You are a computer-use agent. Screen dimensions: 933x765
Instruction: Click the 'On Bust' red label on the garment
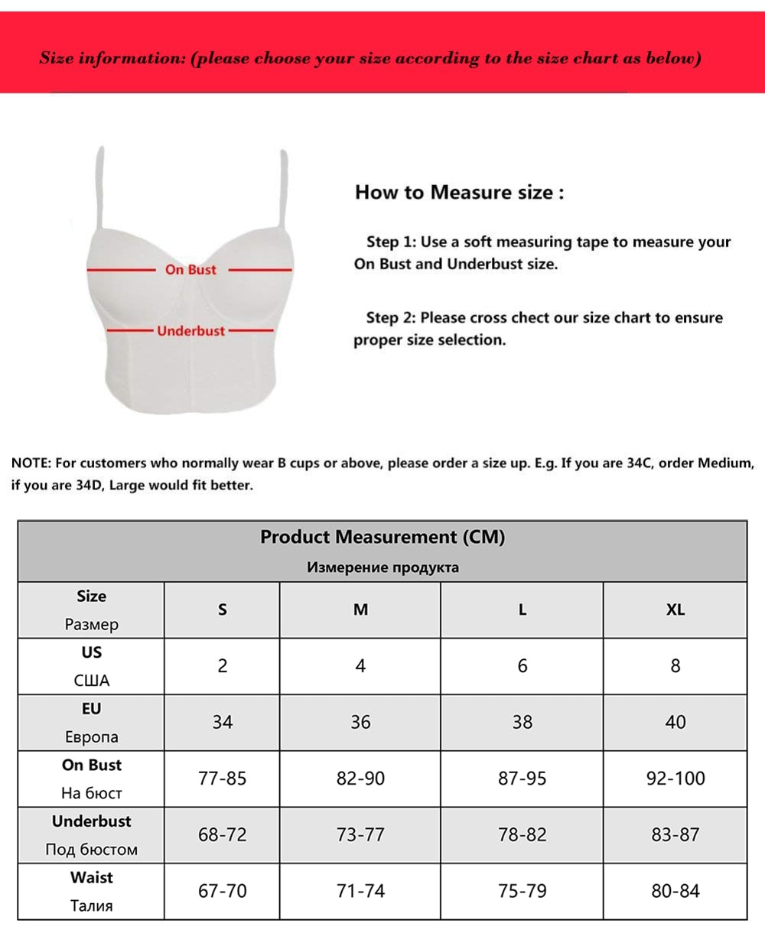[190, 269]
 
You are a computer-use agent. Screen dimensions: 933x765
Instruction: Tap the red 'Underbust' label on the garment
[191, 330]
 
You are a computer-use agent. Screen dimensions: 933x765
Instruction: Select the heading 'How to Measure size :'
[459, 192]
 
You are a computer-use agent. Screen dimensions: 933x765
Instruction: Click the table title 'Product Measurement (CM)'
[382, 537]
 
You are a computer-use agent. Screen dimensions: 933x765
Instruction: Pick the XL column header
[675, 610]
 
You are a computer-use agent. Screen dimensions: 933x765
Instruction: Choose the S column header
[223, 610]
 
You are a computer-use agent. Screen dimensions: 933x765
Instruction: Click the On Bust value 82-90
[360, 779]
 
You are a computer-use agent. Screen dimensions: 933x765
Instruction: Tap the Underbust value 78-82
[522, 834]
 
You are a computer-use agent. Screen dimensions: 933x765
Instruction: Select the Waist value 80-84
[675, 891]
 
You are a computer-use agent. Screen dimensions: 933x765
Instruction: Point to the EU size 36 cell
[360, 722]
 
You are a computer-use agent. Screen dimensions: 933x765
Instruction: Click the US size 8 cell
[675, 665]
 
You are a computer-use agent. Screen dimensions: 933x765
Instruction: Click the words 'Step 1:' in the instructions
[391, 242]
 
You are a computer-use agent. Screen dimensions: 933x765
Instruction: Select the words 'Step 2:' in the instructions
[391, 317]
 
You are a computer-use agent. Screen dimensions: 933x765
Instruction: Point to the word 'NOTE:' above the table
[31, 463]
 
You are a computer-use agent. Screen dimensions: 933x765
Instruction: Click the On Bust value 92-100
[675, 779]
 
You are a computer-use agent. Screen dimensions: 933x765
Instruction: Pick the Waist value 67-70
[223, 891]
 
